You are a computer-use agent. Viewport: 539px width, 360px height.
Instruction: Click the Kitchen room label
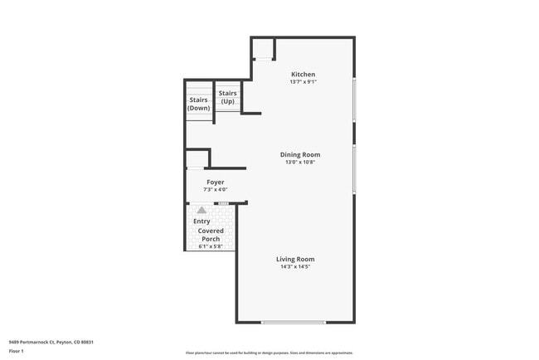303,75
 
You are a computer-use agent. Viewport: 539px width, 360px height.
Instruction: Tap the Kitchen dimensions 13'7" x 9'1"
303,82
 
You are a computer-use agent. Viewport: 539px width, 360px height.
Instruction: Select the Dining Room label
299,154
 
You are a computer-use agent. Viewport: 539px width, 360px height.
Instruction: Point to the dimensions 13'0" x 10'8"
299,162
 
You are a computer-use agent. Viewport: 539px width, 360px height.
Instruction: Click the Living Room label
295,259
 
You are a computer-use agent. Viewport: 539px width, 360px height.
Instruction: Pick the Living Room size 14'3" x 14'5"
295,266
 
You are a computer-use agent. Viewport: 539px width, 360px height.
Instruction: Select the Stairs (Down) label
199,104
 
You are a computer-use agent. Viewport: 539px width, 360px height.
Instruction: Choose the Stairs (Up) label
227,97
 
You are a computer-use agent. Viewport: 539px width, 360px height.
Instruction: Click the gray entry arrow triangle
201,211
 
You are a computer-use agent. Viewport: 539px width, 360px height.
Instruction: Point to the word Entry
202,221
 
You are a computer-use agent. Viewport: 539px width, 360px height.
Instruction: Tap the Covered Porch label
210,235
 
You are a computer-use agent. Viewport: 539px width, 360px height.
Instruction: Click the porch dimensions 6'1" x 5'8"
210,246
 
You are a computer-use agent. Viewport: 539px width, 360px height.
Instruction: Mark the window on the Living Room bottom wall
293,322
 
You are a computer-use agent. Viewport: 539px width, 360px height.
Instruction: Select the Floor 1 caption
17,351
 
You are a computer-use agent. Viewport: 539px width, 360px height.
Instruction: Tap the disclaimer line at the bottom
269,353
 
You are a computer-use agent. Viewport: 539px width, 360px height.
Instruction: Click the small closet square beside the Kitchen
263,49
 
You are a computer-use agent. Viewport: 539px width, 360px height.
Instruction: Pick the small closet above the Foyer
196,159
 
